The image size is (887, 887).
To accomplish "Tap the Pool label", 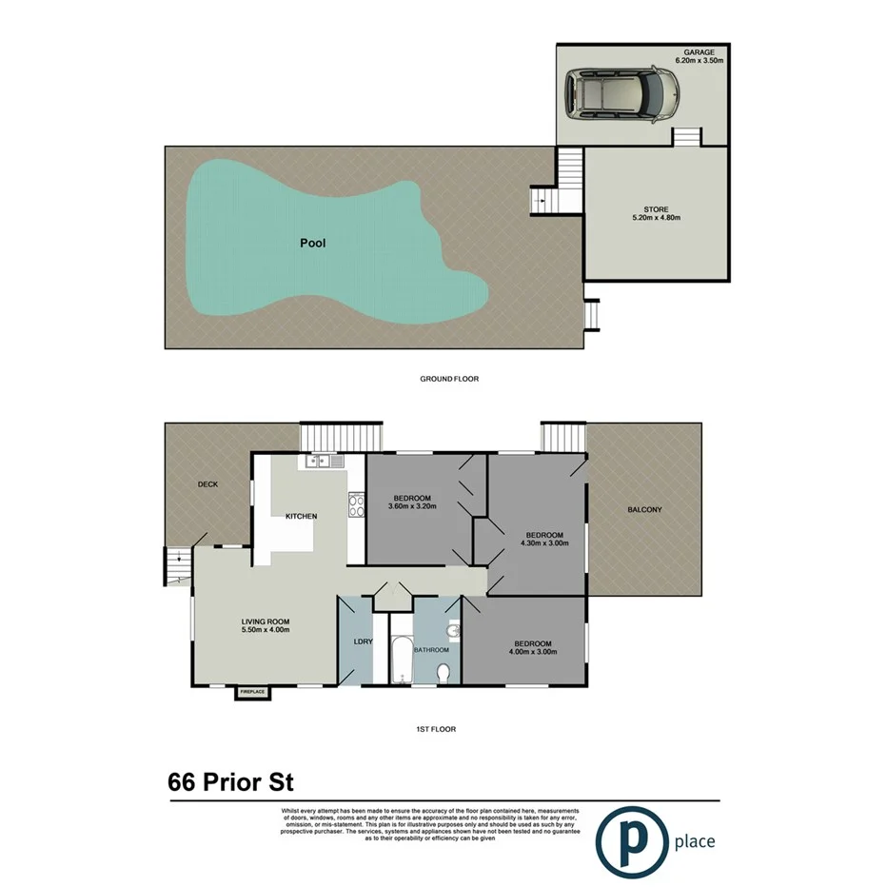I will [312, 244].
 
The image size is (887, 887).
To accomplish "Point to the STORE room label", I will [656, 209].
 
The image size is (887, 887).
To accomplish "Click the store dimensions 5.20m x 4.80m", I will [656, 218].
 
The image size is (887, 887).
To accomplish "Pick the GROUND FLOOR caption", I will [449, 379].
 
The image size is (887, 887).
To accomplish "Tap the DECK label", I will [207, 484].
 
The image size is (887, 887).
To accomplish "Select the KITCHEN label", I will [301, 516].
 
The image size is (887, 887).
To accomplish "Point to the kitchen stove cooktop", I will [356, 504].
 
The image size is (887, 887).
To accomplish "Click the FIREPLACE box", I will [251, 692].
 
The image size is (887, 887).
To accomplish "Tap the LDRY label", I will [363, 641].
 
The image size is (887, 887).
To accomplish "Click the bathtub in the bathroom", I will [400, 651].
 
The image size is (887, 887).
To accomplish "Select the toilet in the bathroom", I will [443, 673].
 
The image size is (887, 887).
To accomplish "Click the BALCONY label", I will [644, 510].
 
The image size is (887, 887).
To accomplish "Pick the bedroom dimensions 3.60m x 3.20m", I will [412, 506].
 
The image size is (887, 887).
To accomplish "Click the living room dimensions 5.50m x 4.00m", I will [264, 630].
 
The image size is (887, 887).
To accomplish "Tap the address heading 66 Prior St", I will [230, 782].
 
